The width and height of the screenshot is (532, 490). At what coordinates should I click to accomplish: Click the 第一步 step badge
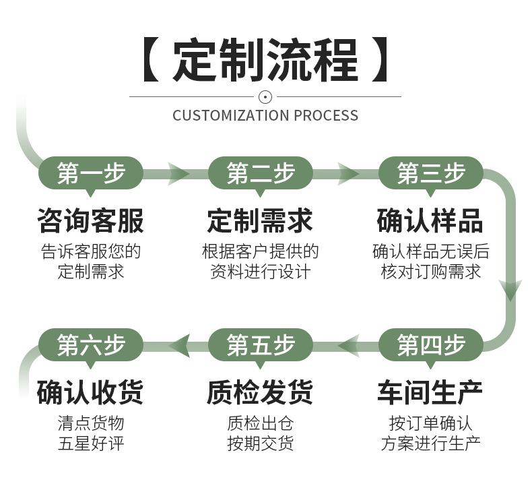[x=91, y=173]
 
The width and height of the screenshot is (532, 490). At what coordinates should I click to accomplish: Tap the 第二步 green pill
[x=261, y=173]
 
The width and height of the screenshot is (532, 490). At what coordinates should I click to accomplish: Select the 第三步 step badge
[x=431, y=173]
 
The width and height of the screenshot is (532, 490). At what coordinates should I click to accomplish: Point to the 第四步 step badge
[x=431, y=345]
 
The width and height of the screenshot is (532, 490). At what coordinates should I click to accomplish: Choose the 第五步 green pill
[x=261, y=345]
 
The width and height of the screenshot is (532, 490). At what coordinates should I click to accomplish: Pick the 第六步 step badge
[x=91, y=345]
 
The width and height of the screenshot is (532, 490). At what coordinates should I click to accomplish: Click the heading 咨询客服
[x=91, y=220]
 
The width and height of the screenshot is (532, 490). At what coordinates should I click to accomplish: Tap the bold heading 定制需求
[x=261, y=220]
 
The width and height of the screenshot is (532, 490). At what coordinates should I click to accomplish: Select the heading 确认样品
[x=431, y=220]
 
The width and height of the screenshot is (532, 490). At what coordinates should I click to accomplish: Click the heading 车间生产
[x=431, y=392]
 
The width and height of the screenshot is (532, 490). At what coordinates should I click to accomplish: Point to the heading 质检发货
[x=261, y=392]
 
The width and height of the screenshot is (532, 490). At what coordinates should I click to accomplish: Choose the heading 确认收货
[x=91, y=392]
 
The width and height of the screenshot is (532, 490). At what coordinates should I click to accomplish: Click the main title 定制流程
[x=265, y=61]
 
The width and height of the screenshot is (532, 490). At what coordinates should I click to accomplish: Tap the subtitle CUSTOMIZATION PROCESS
[x=265, y=115]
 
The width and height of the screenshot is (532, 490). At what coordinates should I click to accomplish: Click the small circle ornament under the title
[x=265, y=96]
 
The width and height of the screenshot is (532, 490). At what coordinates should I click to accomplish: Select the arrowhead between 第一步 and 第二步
[x=179, y=173]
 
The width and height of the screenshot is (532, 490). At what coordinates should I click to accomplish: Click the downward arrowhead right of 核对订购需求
[x=510, y=290]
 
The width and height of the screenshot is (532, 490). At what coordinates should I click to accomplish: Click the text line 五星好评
[x=91, y=443]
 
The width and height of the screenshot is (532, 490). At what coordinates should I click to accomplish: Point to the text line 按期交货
[x=261, y=443]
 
